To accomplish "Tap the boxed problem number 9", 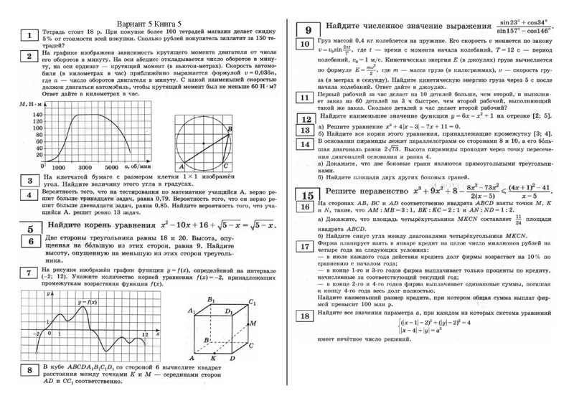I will pos(308,30).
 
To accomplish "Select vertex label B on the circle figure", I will pos(230,128).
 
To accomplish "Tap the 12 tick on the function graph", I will pos(144,334).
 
